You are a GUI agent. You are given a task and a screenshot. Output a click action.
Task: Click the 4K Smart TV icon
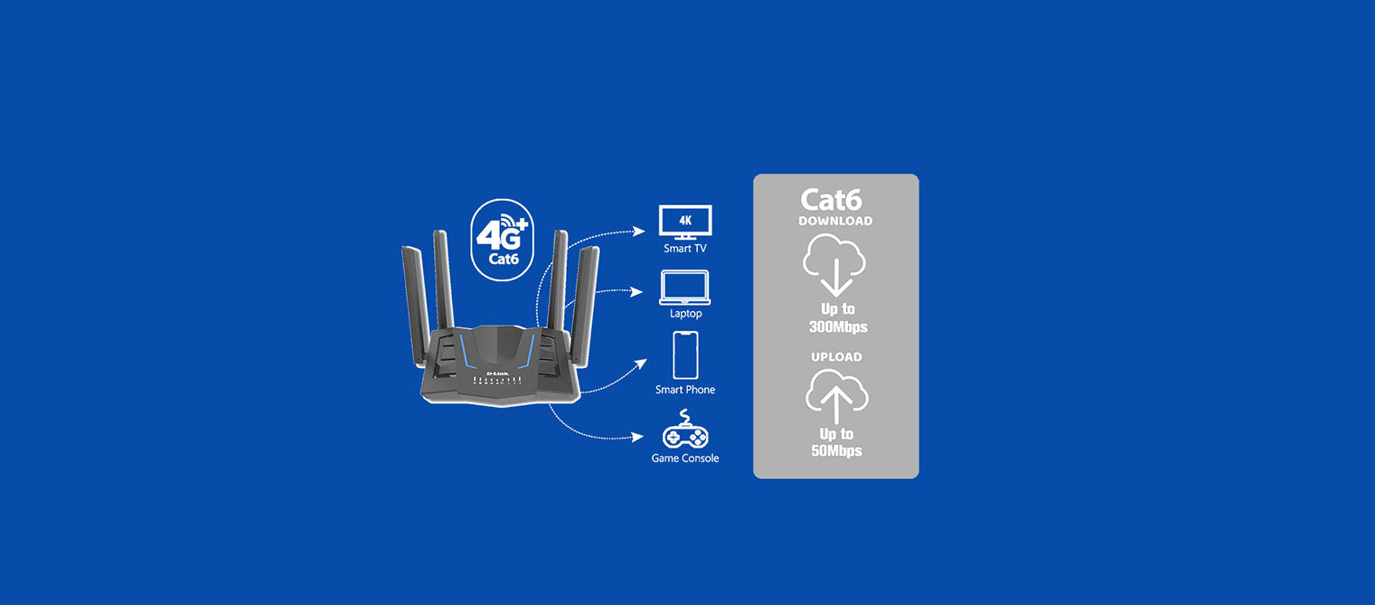pyautogui.click(x=685, y=222)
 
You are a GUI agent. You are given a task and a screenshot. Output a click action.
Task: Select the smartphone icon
pyautogui.click(x=685, y=354)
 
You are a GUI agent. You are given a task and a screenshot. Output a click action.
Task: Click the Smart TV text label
pyautogui.click(x=685, y=248)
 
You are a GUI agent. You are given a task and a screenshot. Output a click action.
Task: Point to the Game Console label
pyautogui.click(x=685, y=458)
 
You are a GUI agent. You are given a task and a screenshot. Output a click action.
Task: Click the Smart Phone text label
pyautogui.click(x=685, y=390)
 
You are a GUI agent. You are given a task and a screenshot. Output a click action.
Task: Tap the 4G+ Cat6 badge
pyautogui.click(x=504, y=240)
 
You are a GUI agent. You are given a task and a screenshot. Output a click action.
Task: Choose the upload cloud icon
pyautogui.click(x=836, y=395)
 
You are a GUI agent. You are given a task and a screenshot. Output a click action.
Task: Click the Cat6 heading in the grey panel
pyautogui.click(x=832, y=200)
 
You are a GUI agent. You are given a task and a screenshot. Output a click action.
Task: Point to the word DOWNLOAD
pyautogui.click(x=835, y=221)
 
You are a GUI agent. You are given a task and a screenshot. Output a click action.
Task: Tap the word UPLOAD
pyautogui.click(x=836, y=357)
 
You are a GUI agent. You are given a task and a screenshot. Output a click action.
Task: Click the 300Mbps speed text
pyautogui.click(x=838, y=326)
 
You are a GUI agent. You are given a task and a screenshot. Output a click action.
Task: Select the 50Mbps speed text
pyautogui.click(x=836, y=450)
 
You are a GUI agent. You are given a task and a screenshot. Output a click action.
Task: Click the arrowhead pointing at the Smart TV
pyautogui.click(x=640, y=232)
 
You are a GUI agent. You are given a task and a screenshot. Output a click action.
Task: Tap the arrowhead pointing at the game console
pyautogui.click(x=641, y=438)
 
